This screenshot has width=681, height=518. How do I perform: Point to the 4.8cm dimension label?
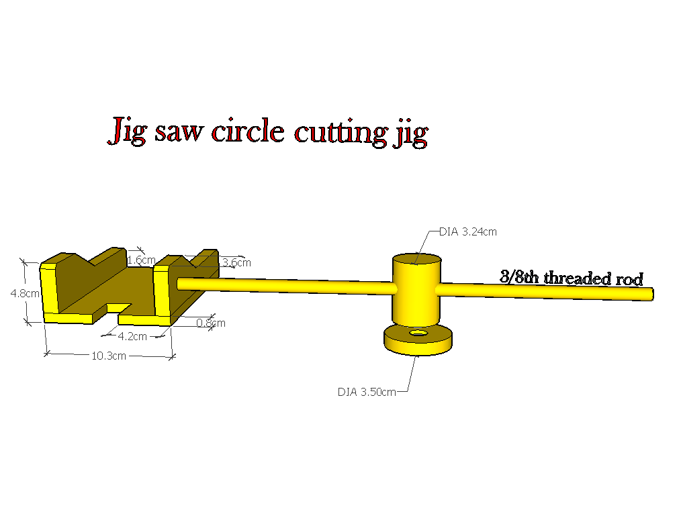(x=25, y=293)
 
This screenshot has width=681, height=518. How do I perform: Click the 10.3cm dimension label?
(x=109, y=356)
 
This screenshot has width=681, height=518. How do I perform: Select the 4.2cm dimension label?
(x=132, y=336)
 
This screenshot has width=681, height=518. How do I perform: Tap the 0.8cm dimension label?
(x=211, y=323)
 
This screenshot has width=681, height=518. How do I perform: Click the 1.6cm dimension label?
(x=142, y=260)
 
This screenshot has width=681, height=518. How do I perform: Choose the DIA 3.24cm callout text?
(x=468, y=232)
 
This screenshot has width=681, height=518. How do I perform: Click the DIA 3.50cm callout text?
(x=367, y=392)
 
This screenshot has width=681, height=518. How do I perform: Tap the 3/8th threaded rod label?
(x=571, y=278)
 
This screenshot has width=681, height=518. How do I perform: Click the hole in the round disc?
(x=418, y=333)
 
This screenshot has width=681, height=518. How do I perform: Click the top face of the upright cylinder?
(x=416, y=260)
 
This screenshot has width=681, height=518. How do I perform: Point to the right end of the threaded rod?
(x=650, y=294)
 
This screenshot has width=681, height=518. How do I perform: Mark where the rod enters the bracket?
(x=180, y=284)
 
